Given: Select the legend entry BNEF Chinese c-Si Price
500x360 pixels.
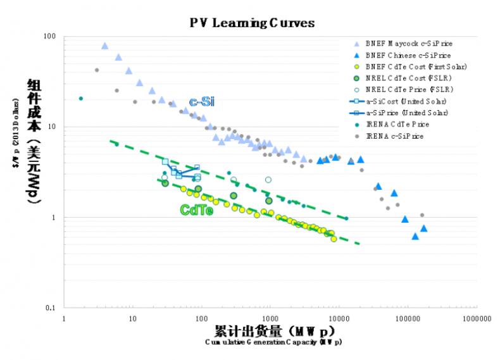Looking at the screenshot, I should click(x=408, y=55).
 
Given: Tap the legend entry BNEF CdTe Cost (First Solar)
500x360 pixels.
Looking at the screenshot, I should click(x=416, y=66).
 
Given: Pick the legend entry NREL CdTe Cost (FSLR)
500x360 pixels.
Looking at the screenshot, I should click(x=409, y=78).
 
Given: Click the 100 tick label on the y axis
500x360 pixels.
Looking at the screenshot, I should click(x=49, y=36).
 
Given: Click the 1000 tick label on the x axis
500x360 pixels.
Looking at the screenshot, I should click(x=270, y=320).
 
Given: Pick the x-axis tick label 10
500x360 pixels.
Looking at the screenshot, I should click(x=133, y=320).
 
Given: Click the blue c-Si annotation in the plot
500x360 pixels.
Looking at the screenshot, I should click(x=201, y=102).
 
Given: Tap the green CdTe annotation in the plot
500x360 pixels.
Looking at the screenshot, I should click(x=196, y=210).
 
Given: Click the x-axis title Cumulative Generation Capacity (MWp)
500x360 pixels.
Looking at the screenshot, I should click(x=273, y=342).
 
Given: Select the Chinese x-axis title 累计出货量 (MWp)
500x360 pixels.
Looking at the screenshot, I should click(x=273, y=331).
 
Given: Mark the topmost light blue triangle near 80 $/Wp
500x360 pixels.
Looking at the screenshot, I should click(x=104, y=46).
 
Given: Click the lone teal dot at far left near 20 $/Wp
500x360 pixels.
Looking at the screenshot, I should click(x=81, y=98).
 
